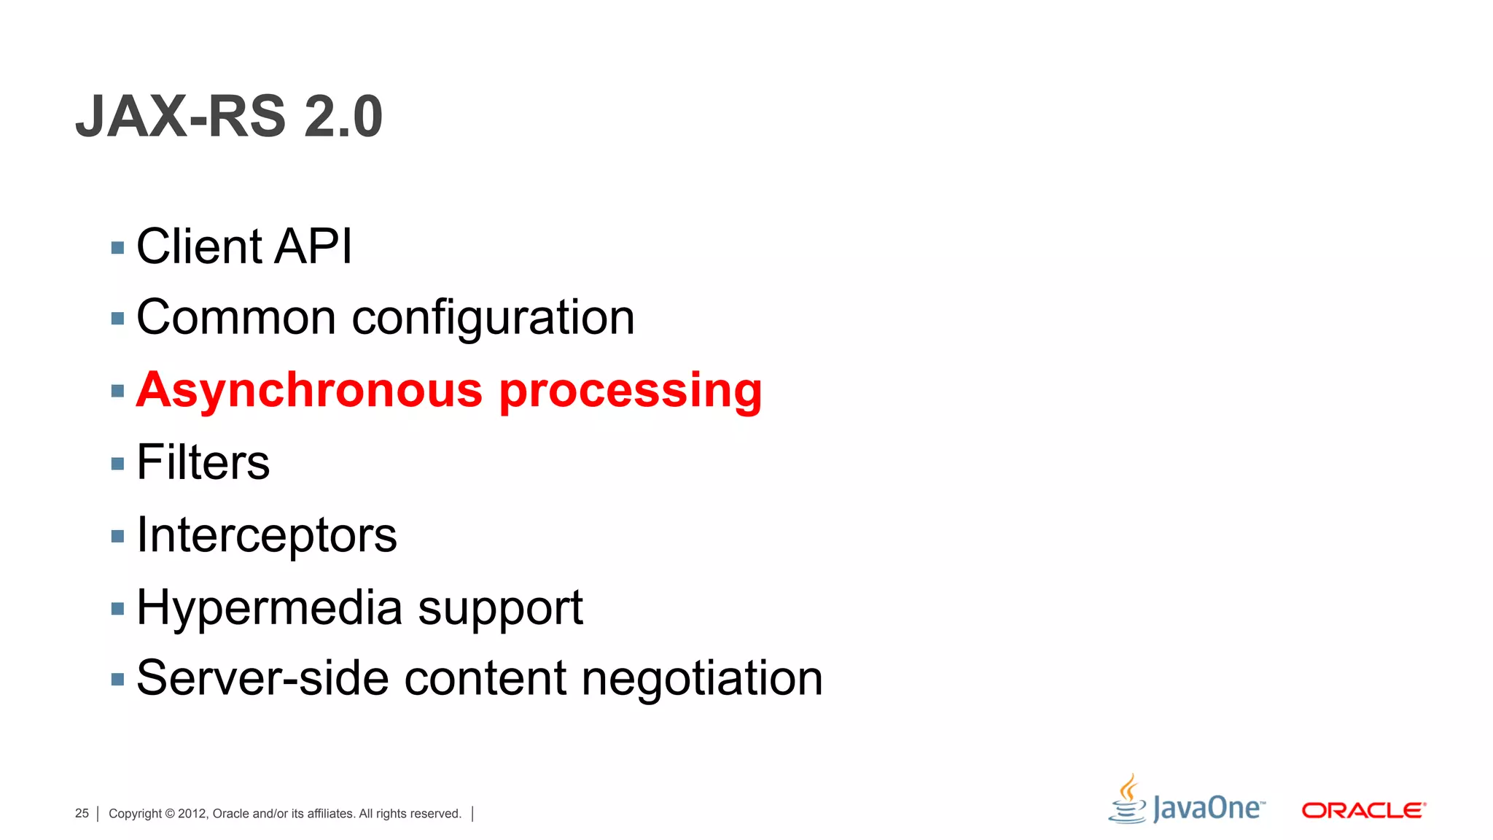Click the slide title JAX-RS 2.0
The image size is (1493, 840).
coord(229,117)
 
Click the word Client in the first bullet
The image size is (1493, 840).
coord(199,246)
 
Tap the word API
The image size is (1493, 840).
coord(313,246)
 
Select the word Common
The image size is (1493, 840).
coord(236,318)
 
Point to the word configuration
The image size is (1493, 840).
coord(494,319)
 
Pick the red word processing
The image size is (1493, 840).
coord(631,392)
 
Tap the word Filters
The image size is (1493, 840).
coord(203,462)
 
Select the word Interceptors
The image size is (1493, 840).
coord(267,535)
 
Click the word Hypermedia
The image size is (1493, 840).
coord(269,608)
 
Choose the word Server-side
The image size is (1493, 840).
coord(262,678)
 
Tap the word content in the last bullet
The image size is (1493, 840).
coord(485,678)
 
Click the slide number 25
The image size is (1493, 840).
coord(82,813)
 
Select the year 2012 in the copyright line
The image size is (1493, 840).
coord(192,813)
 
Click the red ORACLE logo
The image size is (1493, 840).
coord(1363,810)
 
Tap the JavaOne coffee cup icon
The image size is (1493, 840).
coord(1128,801)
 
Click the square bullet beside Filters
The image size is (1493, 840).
coord(118,464)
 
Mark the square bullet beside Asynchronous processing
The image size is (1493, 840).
coord(118,392)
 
